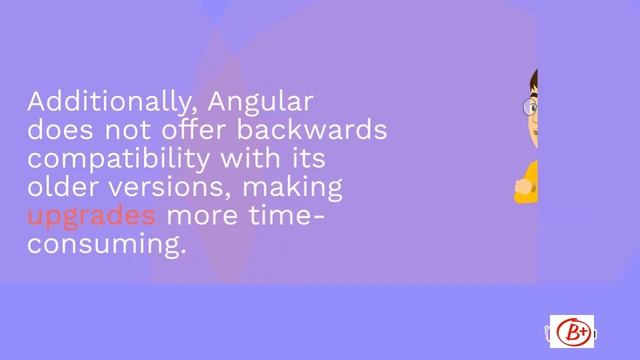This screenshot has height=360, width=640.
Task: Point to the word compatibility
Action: click(114, 159)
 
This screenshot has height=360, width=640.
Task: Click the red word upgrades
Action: click(91, 216)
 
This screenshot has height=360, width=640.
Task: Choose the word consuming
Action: click(107, 244)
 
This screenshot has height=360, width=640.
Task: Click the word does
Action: click(56, 131)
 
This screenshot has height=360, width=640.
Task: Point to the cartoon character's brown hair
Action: click(534, 79)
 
